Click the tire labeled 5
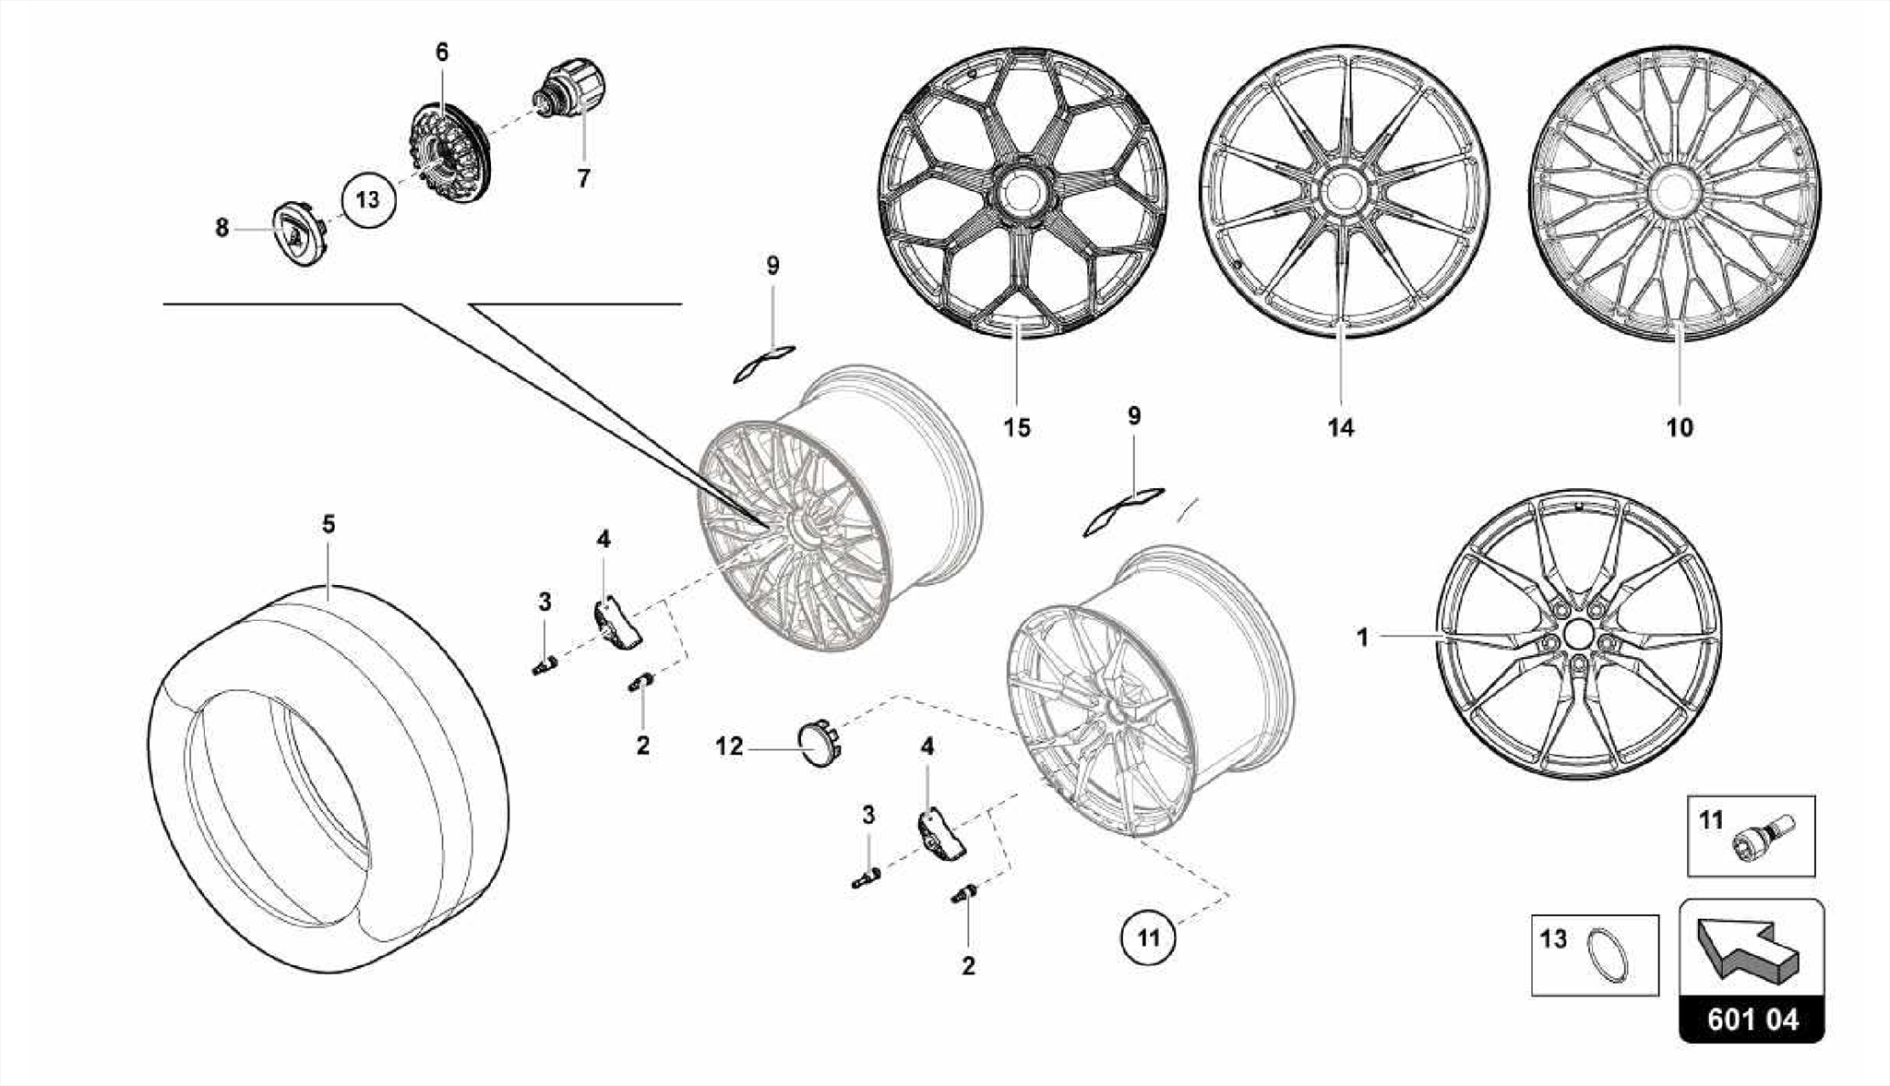tap(328, 775)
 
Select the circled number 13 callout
tap(367, 199)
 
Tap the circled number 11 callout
tap(1147, 939)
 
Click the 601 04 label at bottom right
tap(1752, 1020)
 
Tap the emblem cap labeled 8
tap(296, 235)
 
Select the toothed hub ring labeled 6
tap(449, 152)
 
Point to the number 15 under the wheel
tap(1016, 428)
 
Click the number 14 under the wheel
tap(1340, 428)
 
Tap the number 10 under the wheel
tap(1680, 428)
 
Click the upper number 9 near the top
tap(772, 266)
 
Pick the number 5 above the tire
tap(329, 524)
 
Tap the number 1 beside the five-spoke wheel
tap(1362, 638)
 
